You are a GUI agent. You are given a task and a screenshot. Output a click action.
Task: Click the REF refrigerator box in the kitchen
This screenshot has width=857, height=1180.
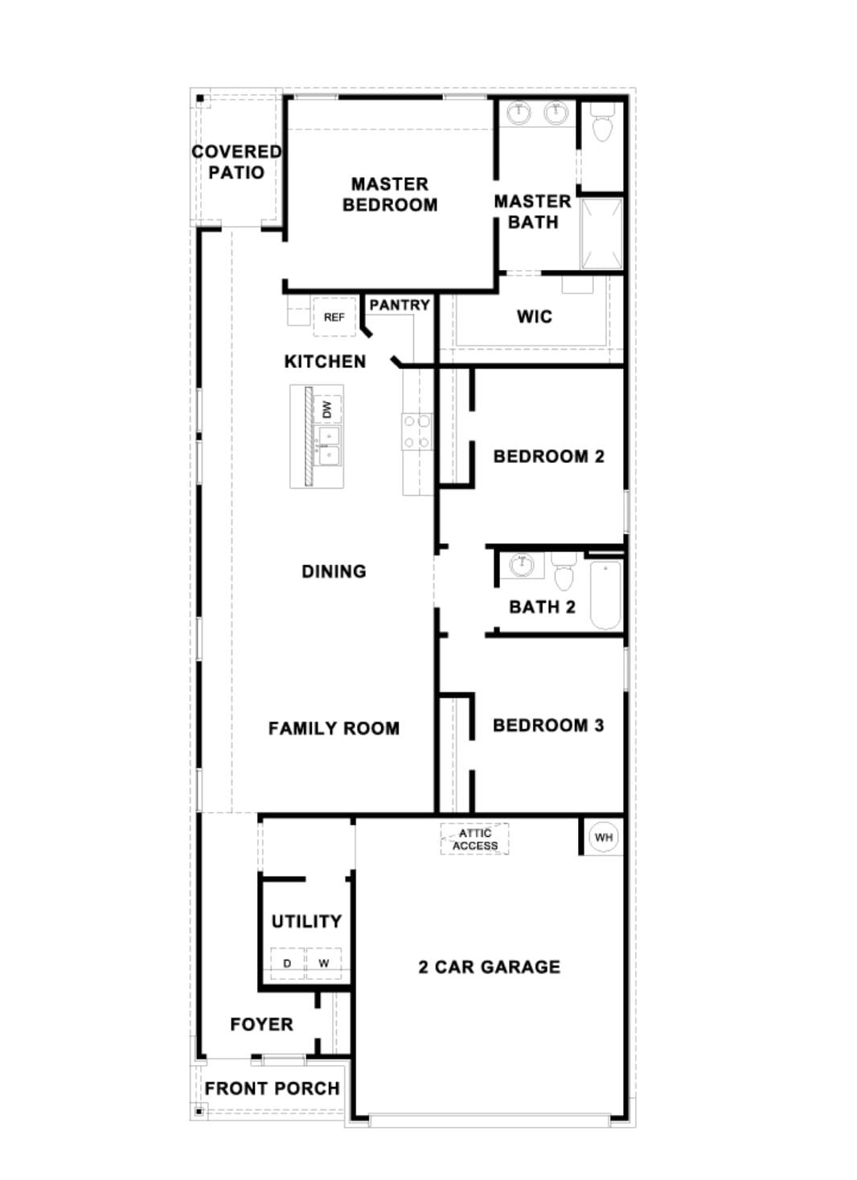[334, 317]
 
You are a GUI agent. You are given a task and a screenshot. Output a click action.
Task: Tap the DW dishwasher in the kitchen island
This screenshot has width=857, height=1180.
[327, 410]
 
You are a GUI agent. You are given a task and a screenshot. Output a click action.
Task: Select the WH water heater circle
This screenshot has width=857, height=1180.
[603, 837]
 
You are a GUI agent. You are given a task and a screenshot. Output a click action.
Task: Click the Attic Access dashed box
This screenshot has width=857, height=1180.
[474, 839]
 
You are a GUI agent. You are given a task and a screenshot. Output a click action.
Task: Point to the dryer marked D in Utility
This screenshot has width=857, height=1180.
[287, 963]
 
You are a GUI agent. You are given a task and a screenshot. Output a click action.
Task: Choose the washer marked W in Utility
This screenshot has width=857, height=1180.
[324, 963]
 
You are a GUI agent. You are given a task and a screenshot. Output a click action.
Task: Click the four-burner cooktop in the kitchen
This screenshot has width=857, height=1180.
[417, 432]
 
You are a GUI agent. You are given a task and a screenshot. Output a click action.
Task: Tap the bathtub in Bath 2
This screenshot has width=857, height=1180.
[605, 595]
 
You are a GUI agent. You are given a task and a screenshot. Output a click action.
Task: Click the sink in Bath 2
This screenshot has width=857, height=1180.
[523, 565]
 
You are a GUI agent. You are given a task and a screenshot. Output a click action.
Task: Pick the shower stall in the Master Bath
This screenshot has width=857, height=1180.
[601, 233]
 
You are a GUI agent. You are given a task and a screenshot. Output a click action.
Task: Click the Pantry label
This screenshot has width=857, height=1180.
[399, 305]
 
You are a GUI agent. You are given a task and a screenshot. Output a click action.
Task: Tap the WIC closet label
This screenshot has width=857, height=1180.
[534, 317]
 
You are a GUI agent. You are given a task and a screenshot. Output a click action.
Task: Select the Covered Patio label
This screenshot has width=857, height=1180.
[236, 162]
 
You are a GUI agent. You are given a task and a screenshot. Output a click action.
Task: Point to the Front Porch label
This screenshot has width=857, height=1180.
[272, 1088]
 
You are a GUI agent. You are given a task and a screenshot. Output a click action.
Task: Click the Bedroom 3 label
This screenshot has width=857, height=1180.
[547, 725]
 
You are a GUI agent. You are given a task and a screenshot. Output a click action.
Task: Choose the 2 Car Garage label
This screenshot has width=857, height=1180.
[489, 967]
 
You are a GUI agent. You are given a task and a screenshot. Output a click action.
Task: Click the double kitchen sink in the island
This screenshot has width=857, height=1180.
[329, 446]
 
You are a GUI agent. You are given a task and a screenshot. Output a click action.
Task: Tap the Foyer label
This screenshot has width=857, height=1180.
[261, 1024]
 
